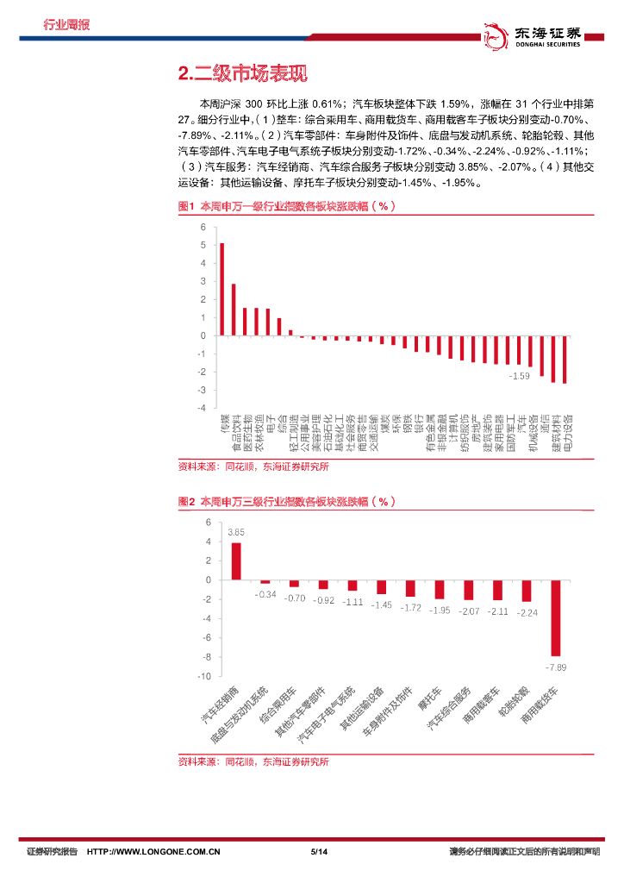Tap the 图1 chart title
click(x=287, y=207)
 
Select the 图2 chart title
click(x=287, y=502)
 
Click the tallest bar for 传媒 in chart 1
click(x=222, y=289)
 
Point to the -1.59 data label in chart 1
click(x=519, y=377)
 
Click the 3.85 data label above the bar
click(x=236, y=532)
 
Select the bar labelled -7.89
click(x=556, y=618)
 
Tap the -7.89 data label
click(x=556, y=667)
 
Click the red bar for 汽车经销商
click(x=236, y=560)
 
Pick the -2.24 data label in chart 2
click(x=527, y=612)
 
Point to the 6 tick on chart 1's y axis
click(x=203, y=228)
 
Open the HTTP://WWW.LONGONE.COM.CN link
click(x=154, y=852)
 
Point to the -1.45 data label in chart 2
click(x=382, y=604)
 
